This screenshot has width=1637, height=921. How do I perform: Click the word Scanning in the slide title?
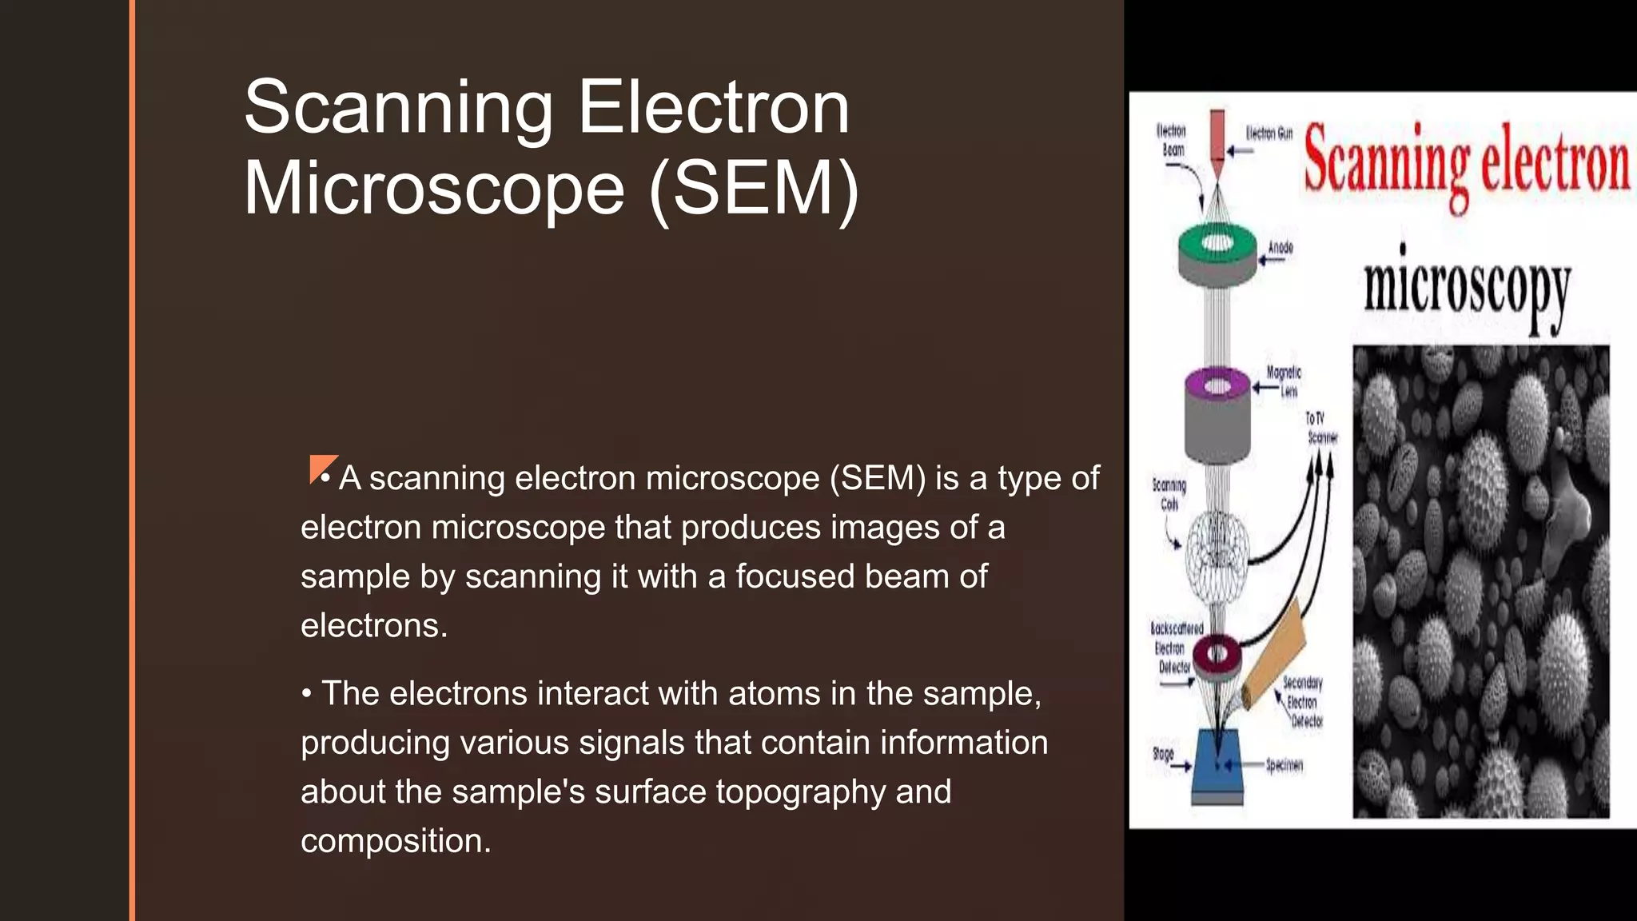point(398,109)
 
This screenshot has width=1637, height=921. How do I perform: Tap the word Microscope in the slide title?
point(434,189)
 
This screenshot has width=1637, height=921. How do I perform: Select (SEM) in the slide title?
point(754,189)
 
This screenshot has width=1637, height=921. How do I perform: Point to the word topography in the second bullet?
point(800,792)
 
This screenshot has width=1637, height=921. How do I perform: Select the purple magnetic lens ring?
point(1217,385)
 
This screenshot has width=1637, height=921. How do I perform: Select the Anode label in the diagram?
point(1280,248)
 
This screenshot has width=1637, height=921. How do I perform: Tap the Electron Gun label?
point(1269,134)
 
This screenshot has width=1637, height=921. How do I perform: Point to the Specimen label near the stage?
point(1284,765)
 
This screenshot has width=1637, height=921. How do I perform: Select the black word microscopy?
point(1467,288)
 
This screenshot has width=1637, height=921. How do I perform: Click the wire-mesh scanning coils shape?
point(1216,560)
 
